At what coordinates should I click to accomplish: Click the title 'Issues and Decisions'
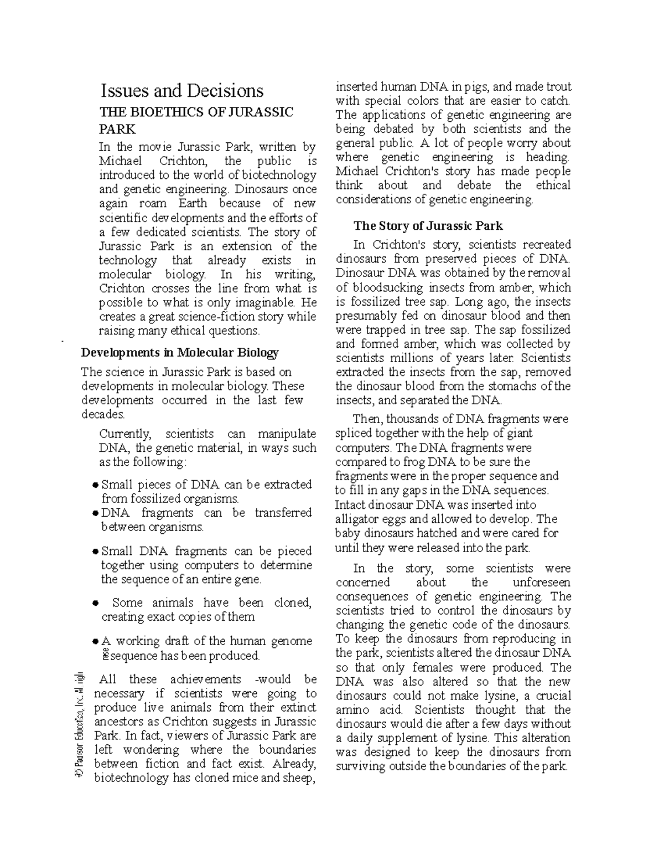[181, 91]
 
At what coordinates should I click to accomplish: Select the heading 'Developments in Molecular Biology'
[180, 353]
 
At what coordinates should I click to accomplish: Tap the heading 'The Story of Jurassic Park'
[428, 226]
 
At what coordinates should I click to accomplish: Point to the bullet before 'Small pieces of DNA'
[95, 485]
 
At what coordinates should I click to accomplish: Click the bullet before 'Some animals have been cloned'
[95, 603]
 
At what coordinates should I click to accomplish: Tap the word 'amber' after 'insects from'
[516, 287]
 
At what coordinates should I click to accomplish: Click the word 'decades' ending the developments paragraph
[102, 414]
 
